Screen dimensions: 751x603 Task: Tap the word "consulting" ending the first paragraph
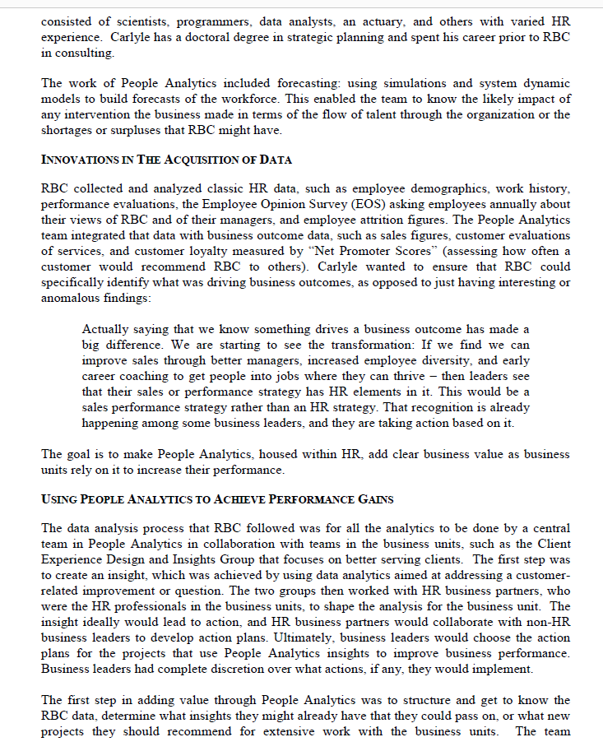[85, 53]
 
